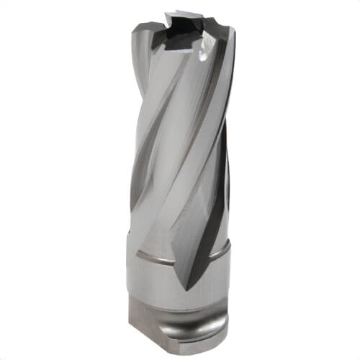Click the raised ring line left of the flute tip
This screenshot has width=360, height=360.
tap(155, 256)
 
